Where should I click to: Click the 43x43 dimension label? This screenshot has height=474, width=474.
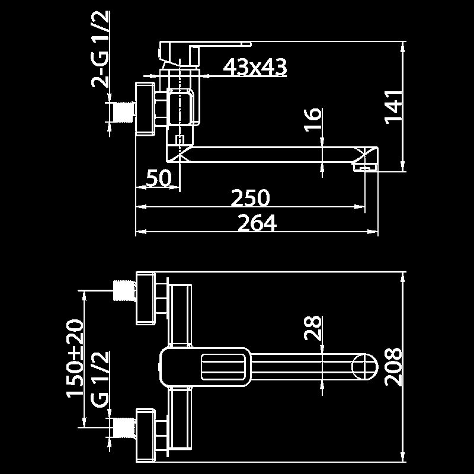pyautogui.click(x=255, y=67)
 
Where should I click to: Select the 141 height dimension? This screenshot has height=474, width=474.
pyautogui.click(x=395, y=107)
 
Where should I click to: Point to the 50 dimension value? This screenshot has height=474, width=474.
pyautogui.click(x=158, y=178)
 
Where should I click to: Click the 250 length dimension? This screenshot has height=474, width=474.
pyautogui.click(x=250, y=198)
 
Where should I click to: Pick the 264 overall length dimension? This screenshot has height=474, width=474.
pyautogui.click(x=257, y=223)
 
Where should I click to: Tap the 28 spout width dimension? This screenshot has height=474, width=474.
pyautogui.click(x=313, y=327)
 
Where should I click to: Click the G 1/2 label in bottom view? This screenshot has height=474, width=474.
pyautogui.click(x=101, y=379)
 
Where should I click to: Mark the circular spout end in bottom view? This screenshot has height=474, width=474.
pyautogui.click(x=365, y=366)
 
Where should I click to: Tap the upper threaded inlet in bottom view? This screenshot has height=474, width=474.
pyautogui.click(x=123, y=290)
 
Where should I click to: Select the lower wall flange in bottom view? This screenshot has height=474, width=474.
pyautogui.click(x=146, y=433)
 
